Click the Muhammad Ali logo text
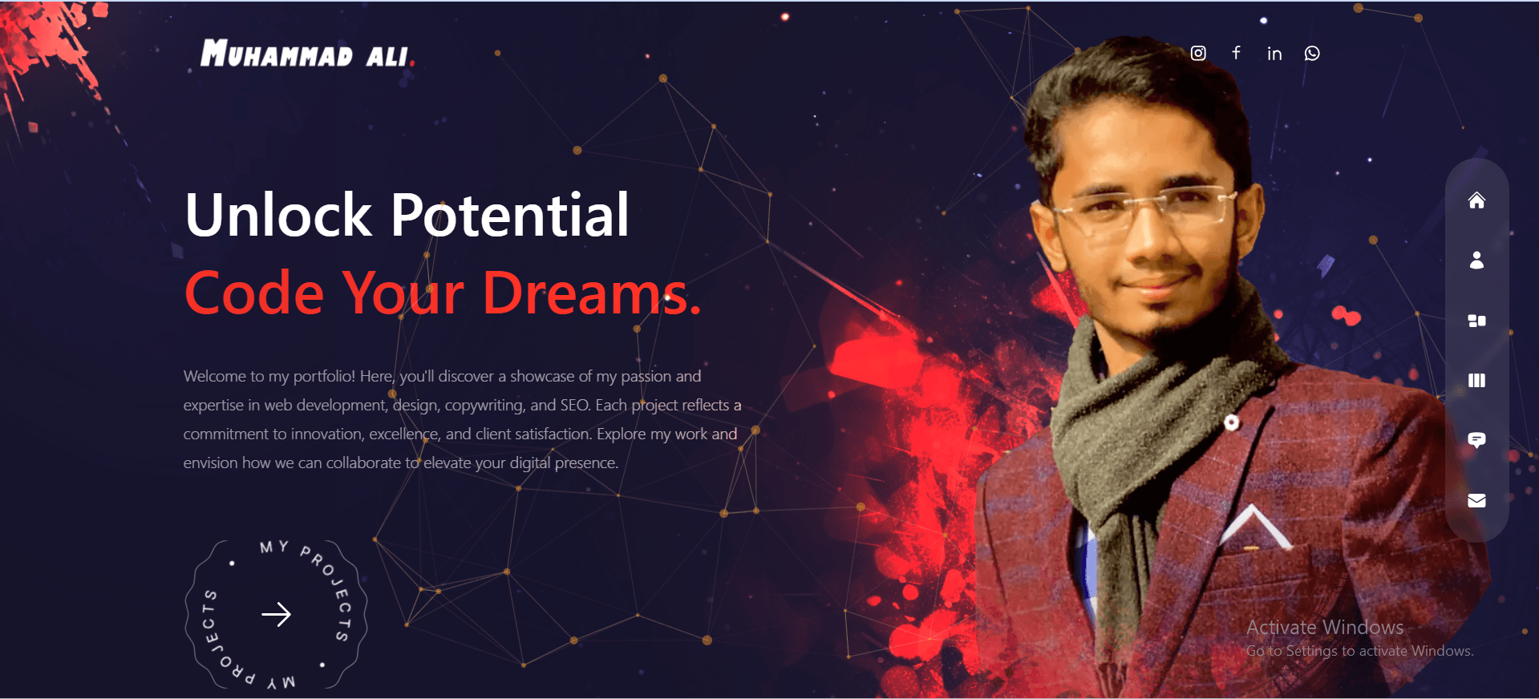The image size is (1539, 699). coord(306,54)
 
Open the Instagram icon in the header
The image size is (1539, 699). coord(1198,53)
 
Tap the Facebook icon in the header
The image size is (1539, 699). coord(1236,53)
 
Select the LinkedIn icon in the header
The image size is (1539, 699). coord(1274,54)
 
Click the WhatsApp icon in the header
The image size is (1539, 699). coord(1312,53)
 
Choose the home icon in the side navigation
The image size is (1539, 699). coord(1476,200)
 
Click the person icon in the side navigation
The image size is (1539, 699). coord(1476,260)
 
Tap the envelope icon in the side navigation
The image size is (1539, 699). coord(1476,500)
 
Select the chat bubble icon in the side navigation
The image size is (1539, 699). coord(1476,440)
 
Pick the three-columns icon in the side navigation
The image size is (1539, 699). coord(1476,380)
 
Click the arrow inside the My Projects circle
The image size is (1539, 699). coord(277,614)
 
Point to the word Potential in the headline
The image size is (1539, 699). coord(510,215)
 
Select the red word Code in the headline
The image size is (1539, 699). coord(254,293)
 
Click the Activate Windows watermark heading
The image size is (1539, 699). coord(1325,627)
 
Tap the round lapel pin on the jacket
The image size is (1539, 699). coord(1232,422)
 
